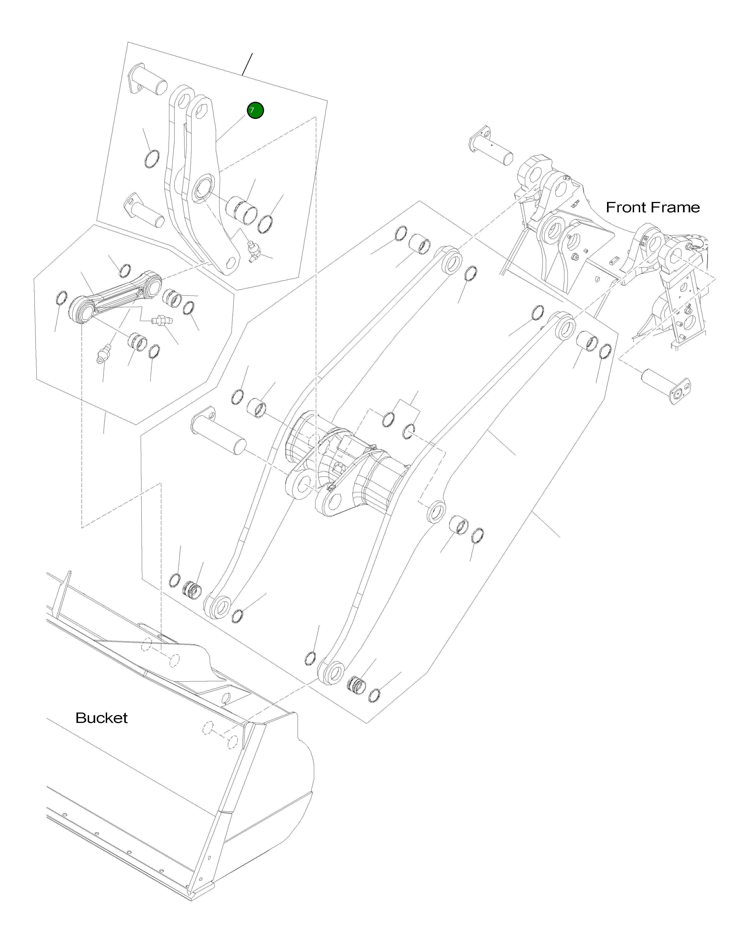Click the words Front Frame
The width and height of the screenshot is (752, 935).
[652, 207]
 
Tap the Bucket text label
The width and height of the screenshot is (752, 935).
[101, 718]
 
